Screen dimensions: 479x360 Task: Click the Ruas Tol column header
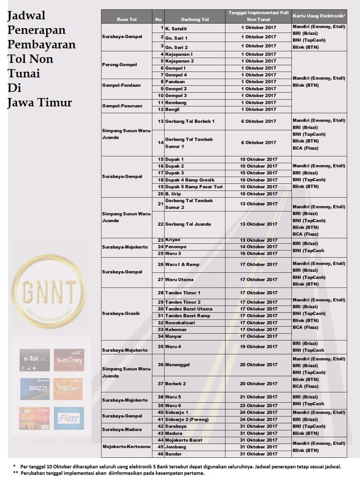click(x=126, y=19)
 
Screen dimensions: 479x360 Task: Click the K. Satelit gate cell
click(x=176, y=28)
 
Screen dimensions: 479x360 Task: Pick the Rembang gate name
click(x=176, y=103)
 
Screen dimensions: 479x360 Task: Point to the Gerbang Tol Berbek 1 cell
click(x=190, y=121)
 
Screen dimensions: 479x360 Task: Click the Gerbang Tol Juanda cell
click(x=188, y=224)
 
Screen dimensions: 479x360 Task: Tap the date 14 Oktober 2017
click(x=259, y=247)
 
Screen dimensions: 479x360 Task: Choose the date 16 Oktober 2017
click(x=259, y=253)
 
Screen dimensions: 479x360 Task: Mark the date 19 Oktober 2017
click(x=259, y=347)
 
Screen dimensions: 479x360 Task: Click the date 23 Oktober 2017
click(x=259, y=405)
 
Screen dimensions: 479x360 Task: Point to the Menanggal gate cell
click(x=177, y=364)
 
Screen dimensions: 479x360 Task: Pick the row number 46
click(x=160, y=454)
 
